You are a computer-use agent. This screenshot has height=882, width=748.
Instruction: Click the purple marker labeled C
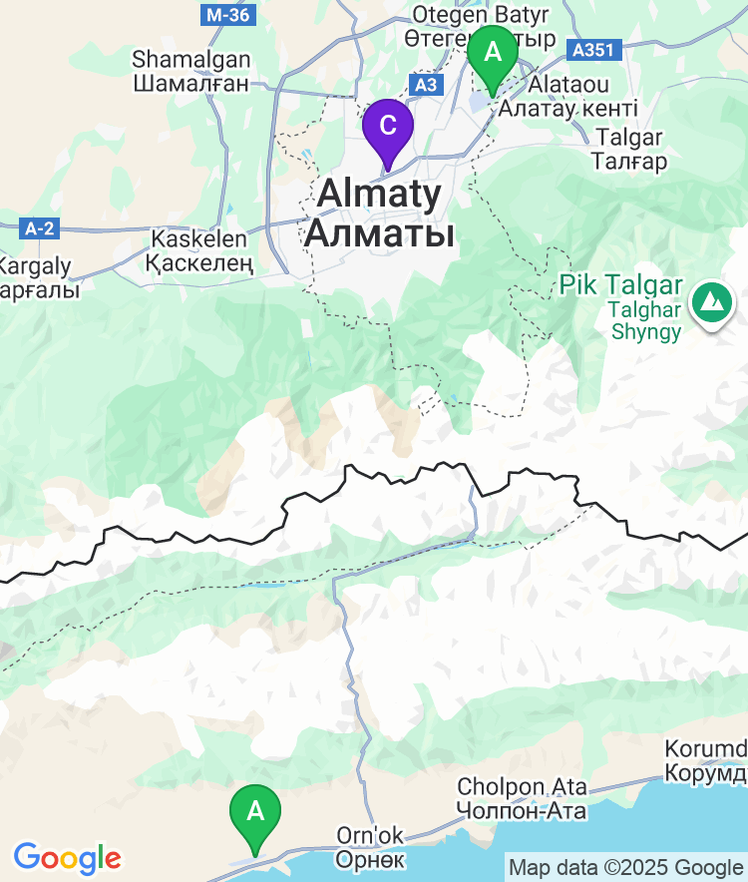coord(387,127)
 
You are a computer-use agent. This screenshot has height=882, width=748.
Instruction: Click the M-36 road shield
coord(227,15)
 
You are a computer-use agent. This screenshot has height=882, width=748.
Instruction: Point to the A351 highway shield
coord(591,48)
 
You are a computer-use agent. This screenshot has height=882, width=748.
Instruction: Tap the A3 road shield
coord(425,85)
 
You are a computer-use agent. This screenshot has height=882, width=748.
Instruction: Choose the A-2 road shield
coord(39,228)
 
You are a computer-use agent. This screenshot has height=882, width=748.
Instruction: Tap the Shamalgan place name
coord(190,60)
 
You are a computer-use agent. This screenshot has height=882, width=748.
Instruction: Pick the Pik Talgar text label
coord(620,285)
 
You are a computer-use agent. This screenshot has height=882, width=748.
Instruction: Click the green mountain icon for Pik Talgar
coord(710,300)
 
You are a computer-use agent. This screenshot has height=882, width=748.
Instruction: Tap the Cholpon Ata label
coord(522,787)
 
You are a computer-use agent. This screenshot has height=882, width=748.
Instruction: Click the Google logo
coord(67,857)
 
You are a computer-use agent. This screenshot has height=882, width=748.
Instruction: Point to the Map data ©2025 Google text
coord(625,867)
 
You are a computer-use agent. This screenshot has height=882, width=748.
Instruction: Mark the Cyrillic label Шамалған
coord(190,83)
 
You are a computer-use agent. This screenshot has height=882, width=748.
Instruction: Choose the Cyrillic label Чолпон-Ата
coord(522,810)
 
